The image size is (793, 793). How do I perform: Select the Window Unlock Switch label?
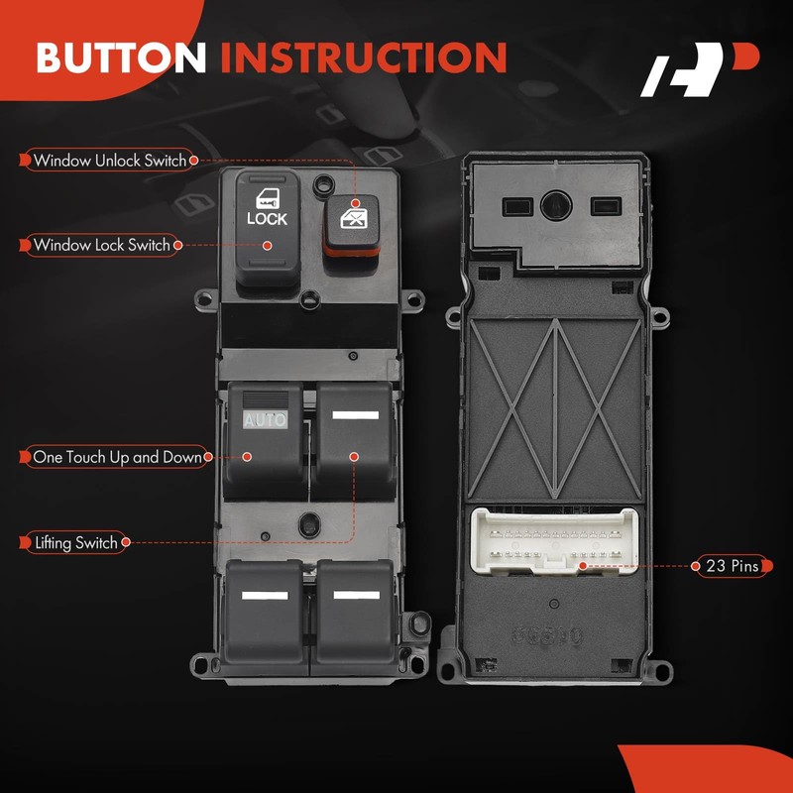[x=109, y=160]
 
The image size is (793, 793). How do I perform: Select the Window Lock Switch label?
[x=101, y=245]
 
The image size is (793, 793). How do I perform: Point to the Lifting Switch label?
[x=75, y=542]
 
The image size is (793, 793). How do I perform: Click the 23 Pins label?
[x=732, y=566]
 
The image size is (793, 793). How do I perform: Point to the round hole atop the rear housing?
[x=554, y=204]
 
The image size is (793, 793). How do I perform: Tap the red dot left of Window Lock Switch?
[x=23, y=245]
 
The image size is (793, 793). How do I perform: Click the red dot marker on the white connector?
[x=583, y=566]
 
